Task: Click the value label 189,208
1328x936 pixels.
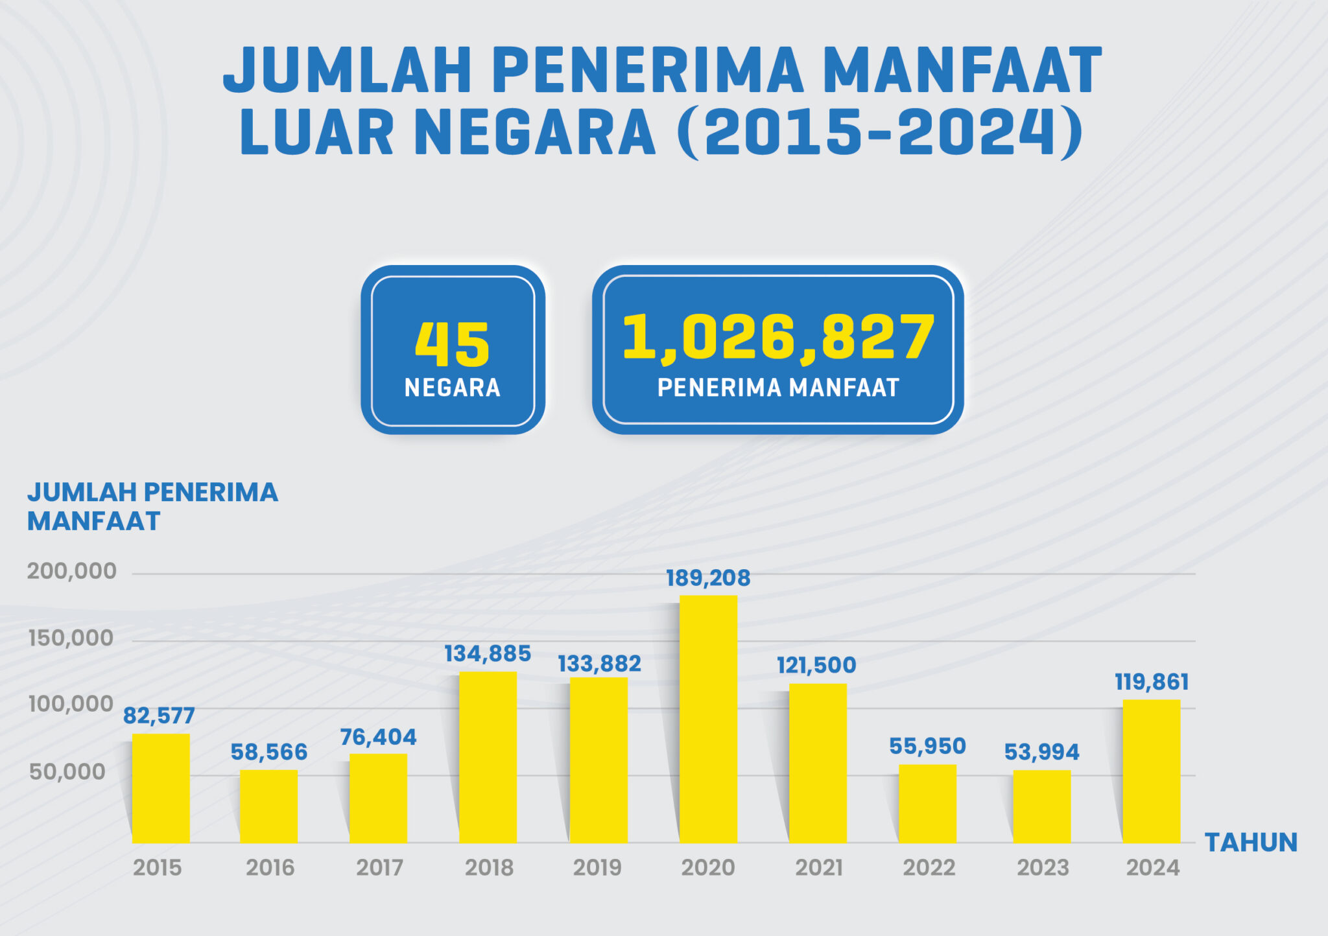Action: click(x=708, y=578)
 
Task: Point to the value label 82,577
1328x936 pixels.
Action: click(x=159, y=716)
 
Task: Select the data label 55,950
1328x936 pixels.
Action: click(x=927, y=746)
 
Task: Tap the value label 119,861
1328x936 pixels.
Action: click(x=1152, y=682)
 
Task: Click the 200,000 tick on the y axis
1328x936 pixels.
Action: click(x=71, y=571)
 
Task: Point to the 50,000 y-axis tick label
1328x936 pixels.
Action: click(x=67, y=771)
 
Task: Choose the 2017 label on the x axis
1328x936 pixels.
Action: click(x=379, y=867)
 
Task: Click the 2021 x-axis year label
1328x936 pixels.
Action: click(x=819, y=867)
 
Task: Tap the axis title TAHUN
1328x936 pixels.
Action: click(x=1251, y=842)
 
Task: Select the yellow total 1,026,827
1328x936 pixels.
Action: click(x=777, y=336)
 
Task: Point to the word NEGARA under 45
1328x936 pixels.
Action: click(x=452, y=388)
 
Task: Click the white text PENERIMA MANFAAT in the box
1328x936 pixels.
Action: click(x=777, y=388)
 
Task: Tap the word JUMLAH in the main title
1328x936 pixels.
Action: click(x=347, y=70)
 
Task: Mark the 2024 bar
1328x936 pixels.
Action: click(x=1151, y=771)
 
